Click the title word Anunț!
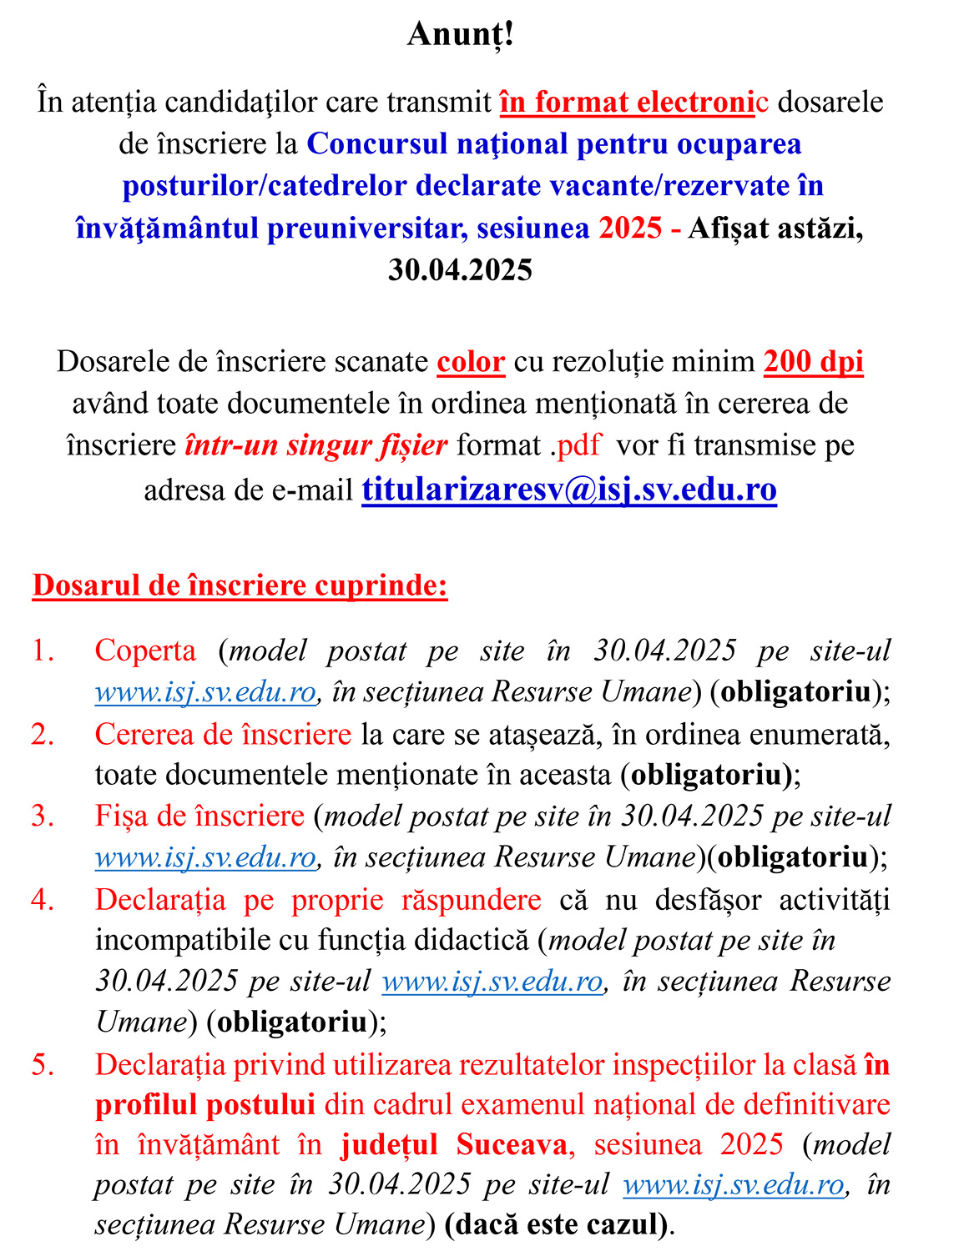tap(460, 35)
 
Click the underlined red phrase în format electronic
tap(633, 102)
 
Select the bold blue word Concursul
tap(377, 144)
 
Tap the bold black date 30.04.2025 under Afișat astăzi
tap(460, 269)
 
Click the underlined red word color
tap(471, 362)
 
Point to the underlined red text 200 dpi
tap(813, 361)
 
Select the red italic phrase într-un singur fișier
tap(316, 445)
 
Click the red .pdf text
tap(575, 445)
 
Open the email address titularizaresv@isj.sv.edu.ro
tap(569, 489)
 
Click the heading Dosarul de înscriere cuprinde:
tap(240, 585)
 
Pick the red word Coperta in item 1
tap(146, 651)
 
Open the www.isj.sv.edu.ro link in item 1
tap(205, 691)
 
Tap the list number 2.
tap(43, 735)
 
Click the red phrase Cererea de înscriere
tap(223, 735)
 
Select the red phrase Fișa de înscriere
tap(199, 816)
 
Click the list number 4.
tap(43, 900)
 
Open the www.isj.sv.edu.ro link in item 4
tap(492, 982)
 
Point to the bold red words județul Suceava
tap(454, 1144)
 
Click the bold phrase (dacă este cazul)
tap(557, 1224)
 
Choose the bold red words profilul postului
tap(204, 1104)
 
